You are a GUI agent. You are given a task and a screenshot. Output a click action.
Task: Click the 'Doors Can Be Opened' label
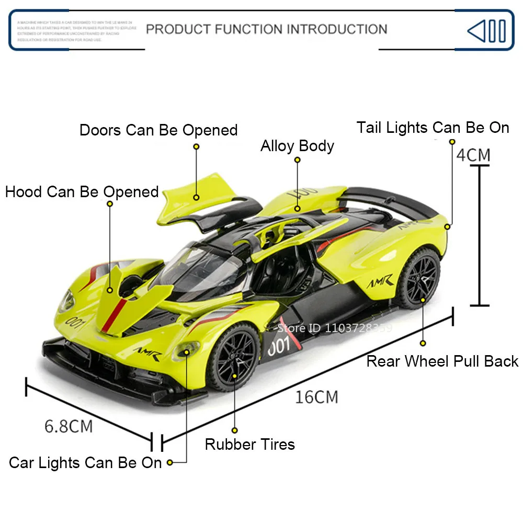tap(158, 130)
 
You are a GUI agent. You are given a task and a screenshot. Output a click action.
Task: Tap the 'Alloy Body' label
tap(297, 146)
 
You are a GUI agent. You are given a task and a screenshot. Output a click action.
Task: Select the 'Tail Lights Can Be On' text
tap(433, 128)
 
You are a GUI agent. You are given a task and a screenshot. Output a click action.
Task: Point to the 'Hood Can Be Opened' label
tap(82, 192)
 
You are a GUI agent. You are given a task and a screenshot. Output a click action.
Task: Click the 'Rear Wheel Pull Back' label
tap(442, 361)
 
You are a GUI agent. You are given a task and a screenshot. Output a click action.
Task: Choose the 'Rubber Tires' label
tap(249, 445)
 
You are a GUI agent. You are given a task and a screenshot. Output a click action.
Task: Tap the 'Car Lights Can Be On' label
tap(85, 463)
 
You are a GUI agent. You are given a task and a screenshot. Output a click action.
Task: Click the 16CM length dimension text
tap(316, 397)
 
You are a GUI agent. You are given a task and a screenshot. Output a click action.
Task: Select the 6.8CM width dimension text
tap(69, 426)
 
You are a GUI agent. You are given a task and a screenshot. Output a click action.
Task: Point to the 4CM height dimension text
tap(473, 155)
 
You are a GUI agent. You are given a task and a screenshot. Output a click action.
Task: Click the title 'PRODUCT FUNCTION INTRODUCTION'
tap(266, 29)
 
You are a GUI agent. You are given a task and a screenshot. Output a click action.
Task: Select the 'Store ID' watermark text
tap(334, 328)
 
